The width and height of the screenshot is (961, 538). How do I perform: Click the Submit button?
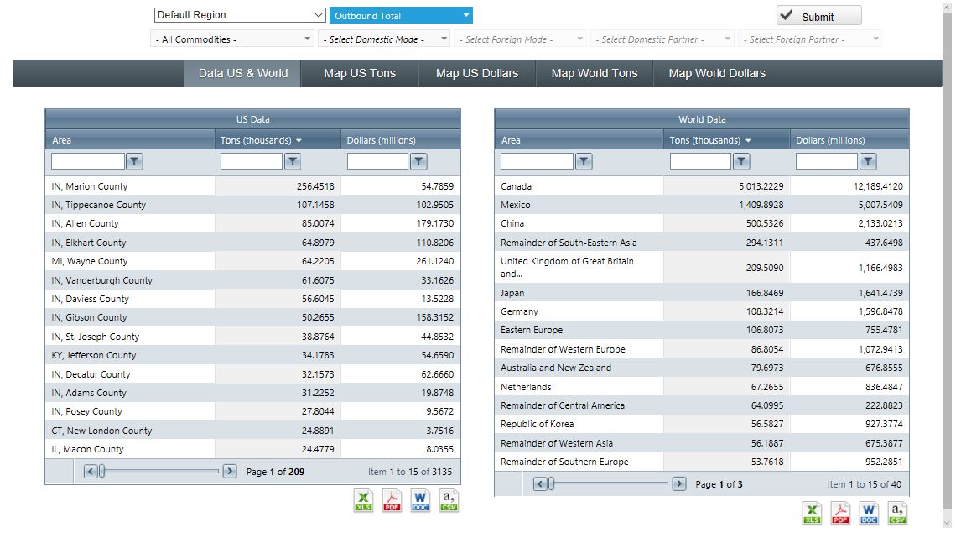pos(818,16)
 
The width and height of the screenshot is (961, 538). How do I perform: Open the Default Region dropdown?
pos(240,15)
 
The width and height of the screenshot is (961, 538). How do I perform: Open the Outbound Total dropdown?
pos(401,16)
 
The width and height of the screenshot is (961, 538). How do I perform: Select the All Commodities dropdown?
pos(233,39)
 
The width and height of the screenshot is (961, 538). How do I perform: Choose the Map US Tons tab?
pos(359,73)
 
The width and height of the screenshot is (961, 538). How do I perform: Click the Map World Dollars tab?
pos(716,73)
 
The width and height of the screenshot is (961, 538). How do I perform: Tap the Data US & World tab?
pos(242,73)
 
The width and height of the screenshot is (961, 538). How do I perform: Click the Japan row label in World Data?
pos(513,293)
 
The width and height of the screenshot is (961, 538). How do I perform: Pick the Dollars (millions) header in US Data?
pos(381,140)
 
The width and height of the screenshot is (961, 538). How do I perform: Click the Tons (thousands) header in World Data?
pos(704,140)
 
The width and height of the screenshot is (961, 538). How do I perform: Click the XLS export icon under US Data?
pos(364,501)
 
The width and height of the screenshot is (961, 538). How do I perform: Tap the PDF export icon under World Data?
pos(840,513)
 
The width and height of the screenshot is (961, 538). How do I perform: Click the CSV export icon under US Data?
pos(449,501)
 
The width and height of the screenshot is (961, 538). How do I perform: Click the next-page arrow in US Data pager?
pos(230,472)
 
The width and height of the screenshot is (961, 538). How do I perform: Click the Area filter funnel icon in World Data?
pos(584,161)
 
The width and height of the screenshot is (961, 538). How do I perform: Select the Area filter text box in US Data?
pos(88,161)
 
